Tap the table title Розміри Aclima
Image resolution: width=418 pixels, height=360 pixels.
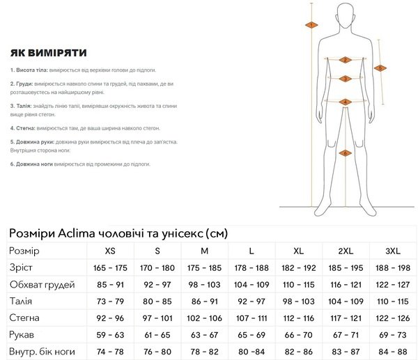click(x=118, y=233)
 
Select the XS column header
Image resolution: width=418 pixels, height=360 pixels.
click(x=110, y=251)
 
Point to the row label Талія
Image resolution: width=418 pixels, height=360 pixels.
click(x=22, y=301)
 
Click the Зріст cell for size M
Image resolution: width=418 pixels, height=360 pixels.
click(x=205, y=267)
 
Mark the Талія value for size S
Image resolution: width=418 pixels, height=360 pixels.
click(x=157, y=301)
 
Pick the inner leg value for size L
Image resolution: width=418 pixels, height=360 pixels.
click(x=251, y=351)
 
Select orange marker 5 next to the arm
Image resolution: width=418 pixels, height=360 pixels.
click(x=380, y=68)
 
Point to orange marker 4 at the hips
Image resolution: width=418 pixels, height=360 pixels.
click(x=344, y=102)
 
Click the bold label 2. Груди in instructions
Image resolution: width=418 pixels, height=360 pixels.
click(x=22, y=84)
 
